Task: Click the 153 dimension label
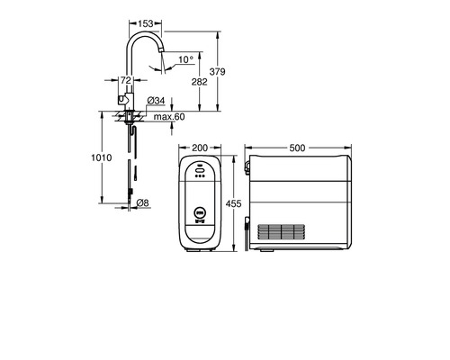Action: pos(146,23)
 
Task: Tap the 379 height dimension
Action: pos(217,72)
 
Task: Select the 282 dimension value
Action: pos(200,82)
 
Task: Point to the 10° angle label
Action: pos(186,59)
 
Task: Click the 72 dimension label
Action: pos(126,80)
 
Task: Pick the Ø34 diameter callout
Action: pos(157,101)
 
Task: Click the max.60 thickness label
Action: pos(169,117)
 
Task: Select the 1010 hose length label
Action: pos(102,157)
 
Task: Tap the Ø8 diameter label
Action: pos(142,203)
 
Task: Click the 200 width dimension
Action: pos(200,148)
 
